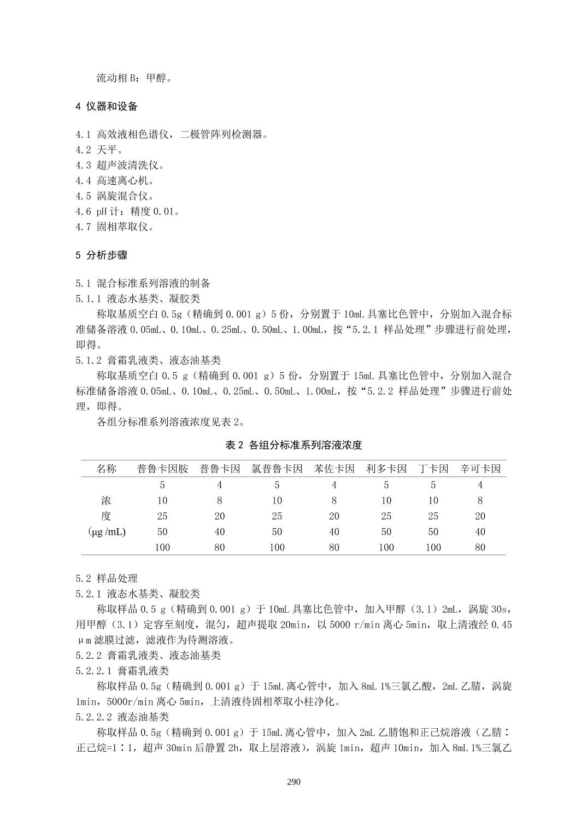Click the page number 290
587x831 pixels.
coord(293,782)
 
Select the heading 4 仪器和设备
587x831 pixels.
coord(107,107)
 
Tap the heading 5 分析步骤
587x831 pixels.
coord(102,255)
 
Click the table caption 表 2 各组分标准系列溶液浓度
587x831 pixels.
coord(293,445)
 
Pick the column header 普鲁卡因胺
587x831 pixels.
coord(162,469)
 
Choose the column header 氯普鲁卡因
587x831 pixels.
coord(277,469)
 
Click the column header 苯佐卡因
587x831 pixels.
coord(334,469)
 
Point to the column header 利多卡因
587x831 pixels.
coord(386,469)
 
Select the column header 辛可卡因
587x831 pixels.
coord(480,469)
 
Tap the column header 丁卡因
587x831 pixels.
coord(433,469)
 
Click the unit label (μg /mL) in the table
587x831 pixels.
coord(107,531)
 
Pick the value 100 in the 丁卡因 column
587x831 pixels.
coord(433,547)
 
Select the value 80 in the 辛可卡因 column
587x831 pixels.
coord(480,547)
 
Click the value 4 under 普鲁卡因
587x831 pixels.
coord(219,485)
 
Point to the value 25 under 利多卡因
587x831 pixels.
coord(386,516)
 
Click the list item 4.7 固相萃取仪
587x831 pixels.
coord(115,226)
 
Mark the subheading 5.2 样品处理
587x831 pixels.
coord(107,578)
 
